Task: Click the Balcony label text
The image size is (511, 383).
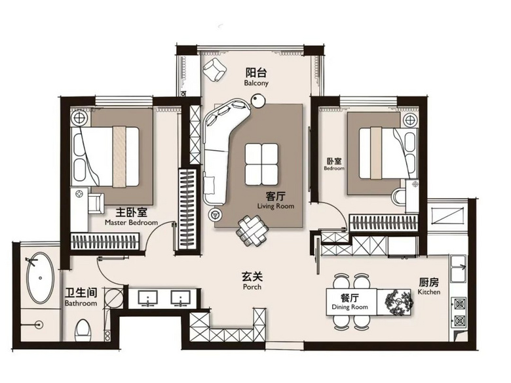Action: [x=256, y=83]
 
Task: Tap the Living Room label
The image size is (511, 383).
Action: [x=276, y=206]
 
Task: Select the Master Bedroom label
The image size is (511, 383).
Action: [x=131, y=223]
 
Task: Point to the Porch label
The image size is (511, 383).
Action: [x=252, y=287]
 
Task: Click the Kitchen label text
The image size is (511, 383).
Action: [x=429, y=292]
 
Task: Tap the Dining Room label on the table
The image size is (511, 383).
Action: [x=350, y=307]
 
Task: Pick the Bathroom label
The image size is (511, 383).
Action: [x=81, y=304]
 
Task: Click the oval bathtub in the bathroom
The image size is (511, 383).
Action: [x=40, y=277]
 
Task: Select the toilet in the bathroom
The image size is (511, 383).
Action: [x=83, y=330]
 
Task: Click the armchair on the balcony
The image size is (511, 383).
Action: [x=214, y=70]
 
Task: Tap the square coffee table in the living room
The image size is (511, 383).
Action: [x=261, y=164]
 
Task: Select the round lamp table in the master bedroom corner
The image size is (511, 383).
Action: [x=79, y=118]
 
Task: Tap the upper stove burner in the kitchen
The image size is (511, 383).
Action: [x=459, y=304]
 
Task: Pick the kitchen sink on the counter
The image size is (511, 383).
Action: [x=458, y=269]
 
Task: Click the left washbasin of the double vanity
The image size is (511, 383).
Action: [x=148, y=298]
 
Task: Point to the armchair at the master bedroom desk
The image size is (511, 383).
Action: [x=96, y=203]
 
